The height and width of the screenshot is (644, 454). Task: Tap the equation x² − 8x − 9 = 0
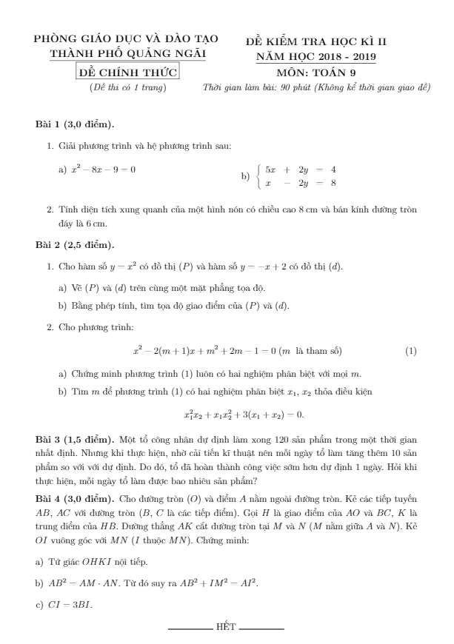[103, 170]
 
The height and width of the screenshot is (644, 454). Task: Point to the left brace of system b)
[257, 175]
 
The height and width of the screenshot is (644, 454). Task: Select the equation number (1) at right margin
[411, 350]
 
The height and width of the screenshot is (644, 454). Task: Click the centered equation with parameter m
[237, 350]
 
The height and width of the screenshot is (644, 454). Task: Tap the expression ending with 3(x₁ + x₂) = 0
[244, 415]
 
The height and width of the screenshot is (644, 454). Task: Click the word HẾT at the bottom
[226, 628]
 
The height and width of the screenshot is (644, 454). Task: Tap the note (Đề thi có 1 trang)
[127, 87]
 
